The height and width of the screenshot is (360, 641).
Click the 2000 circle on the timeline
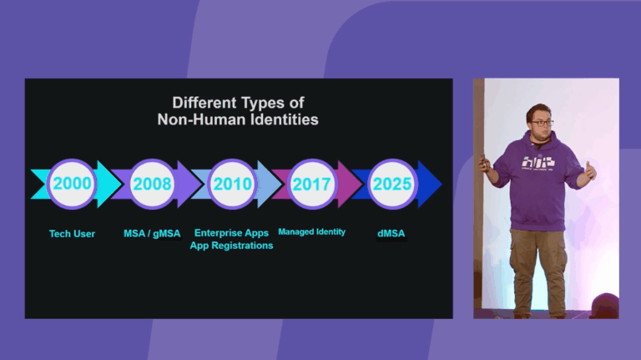pos(72,184)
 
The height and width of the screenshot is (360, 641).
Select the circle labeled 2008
pos(153,184)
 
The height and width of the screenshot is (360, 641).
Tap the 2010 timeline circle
pos(233,184)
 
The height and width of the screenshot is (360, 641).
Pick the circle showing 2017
pos(312,184)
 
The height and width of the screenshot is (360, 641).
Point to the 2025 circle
pos(392,184)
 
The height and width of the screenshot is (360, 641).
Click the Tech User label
pos(72,234)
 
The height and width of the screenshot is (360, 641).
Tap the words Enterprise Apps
pos(231,233)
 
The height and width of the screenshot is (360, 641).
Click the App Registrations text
pos(231,246)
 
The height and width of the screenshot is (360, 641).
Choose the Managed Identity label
pos(311,231)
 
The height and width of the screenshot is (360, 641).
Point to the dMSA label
pos(391,233)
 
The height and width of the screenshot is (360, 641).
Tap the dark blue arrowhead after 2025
pos(430,184)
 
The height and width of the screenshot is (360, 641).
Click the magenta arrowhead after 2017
pos(350,184)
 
